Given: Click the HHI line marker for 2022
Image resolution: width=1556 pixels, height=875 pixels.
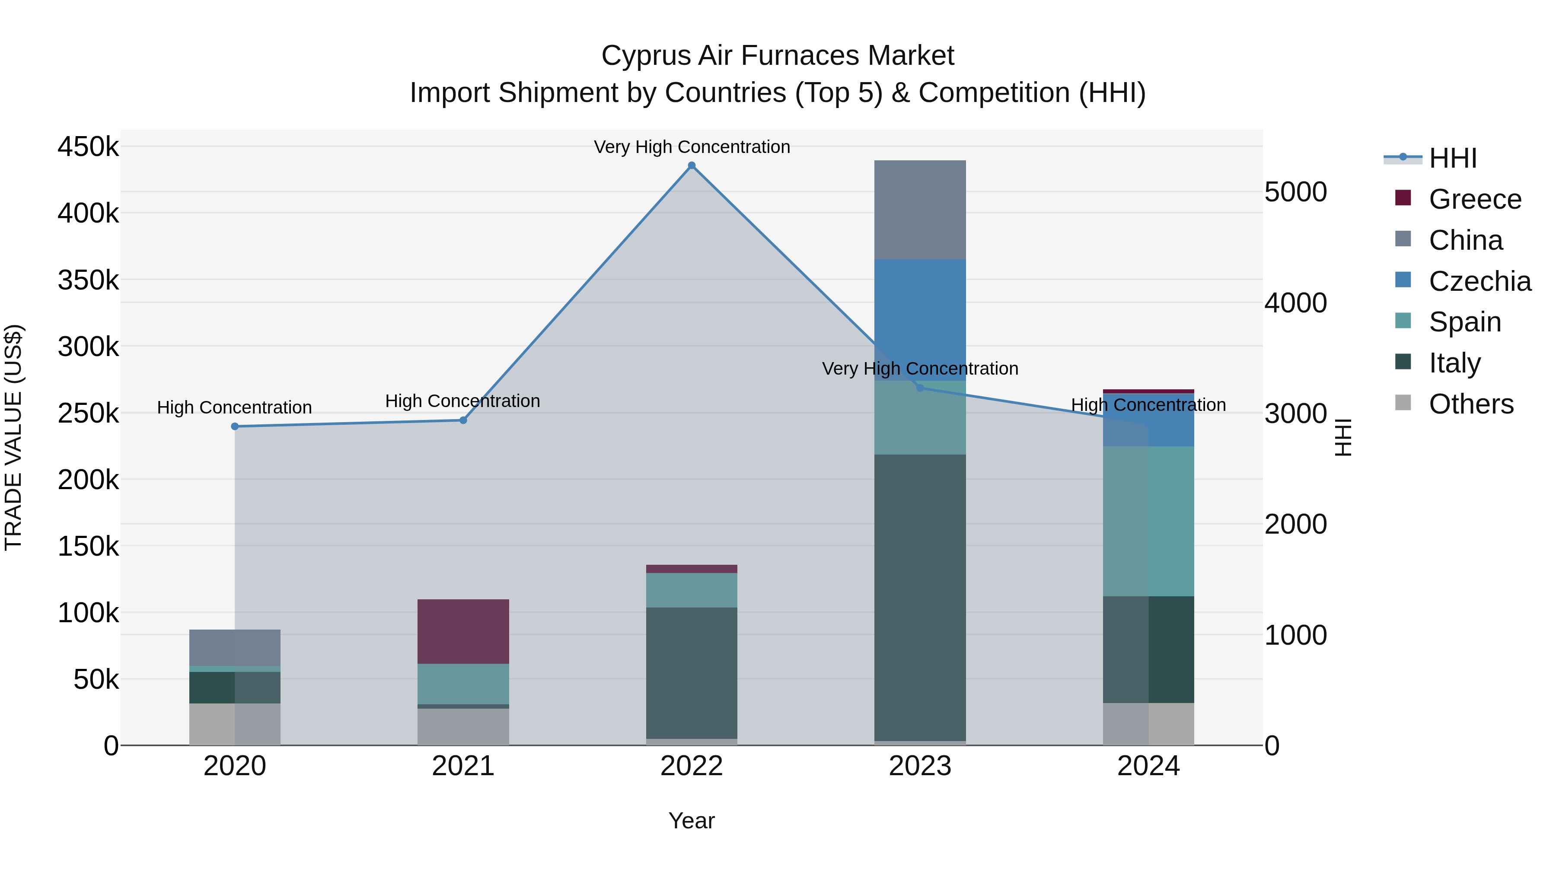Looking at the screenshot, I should pyautogui.click(x=692, y=165).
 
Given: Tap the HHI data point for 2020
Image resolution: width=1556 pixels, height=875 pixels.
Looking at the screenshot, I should pyautogui.click(x=235, y=426).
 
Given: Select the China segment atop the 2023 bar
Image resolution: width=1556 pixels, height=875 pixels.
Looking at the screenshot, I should pyautogui.click(x=920, y=210).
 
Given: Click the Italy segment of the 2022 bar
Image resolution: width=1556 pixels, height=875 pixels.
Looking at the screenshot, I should pyautogui.click(x=692, y=673).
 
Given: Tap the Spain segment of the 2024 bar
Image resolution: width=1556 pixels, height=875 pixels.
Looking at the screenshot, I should pyautogui.click(x=1148, y=521).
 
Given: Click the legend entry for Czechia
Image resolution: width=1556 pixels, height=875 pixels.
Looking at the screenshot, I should pyautogui.click(x=1479, y=281).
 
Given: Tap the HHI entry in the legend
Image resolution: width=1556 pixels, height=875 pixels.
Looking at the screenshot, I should pyautogui.click(x=1453, y=158).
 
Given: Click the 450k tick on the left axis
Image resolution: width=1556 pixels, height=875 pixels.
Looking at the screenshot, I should pyautogui.click(x=88, y=147).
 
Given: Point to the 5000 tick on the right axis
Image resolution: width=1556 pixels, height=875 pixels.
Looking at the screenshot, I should pyautogui.click(x=1296, y=192).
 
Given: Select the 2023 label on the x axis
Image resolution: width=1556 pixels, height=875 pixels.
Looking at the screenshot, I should pyautogui.click(x=920, y=766).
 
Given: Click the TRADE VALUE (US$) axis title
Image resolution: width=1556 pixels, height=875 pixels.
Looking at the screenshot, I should pyautogui.click(x=13, y=437).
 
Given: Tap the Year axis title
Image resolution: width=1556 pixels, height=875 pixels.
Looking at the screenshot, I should pyautogui.click(x=692, y=821).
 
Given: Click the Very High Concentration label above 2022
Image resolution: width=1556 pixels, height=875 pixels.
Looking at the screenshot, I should pyautogui.click(x=692, y=147).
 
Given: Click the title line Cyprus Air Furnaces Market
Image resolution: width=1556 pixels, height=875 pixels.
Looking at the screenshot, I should pyautogui.click(x=778, y=56).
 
